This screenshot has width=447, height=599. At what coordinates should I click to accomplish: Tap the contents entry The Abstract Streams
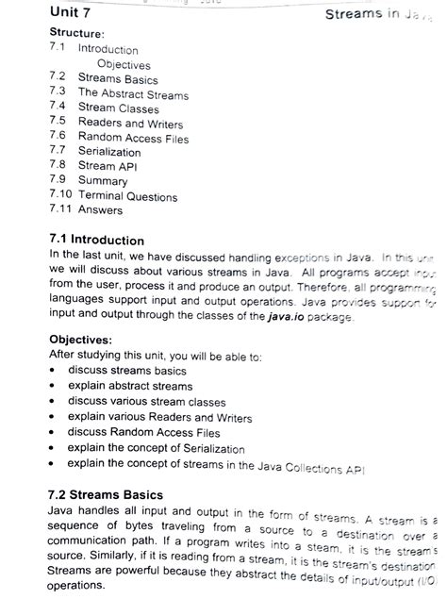[x=133, y=94]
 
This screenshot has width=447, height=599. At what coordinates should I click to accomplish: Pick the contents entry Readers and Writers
[x=130, y=124]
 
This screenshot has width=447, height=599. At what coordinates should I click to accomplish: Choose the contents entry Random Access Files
[x=133, y=138]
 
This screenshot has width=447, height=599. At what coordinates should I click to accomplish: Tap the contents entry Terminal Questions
[x=127, y=196]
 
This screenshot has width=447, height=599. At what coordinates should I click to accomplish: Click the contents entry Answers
[x=100, y=210]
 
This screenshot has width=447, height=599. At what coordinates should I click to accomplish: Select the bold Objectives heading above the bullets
[x=83, y=341]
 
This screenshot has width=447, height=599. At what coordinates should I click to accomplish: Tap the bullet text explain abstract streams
[x=129, y=386]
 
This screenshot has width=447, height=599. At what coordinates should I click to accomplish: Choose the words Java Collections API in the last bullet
[x=317, y=466]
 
